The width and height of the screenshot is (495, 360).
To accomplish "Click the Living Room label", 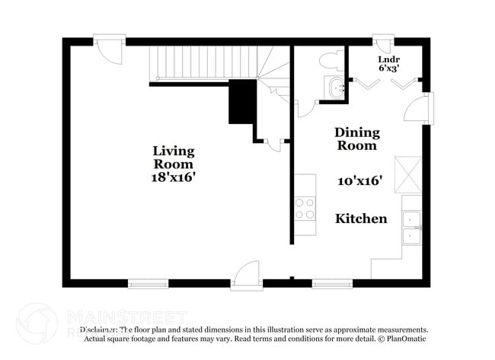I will click(174, 158).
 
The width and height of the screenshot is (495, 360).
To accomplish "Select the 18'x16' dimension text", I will click(174, 177).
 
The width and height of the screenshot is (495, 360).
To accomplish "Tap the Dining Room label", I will click(356, 139).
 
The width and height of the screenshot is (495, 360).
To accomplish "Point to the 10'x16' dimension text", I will click(359, 181).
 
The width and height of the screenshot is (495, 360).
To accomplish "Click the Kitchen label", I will click(361, 218).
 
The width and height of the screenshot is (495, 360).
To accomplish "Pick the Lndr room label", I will click(389, 59).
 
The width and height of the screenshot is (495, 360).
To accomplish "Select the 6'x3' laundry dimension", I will click(389, 68).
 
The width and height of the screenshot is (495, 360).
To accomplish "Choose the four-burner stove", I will click(305, 209).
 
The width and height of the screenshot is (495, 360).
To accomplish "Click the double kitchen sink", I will click(411, 228).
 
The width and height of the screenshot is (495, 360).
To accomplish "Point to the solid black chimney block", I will click(243, 101).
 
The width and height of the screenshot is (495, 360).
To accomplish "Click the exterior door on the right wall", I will click(422, 108).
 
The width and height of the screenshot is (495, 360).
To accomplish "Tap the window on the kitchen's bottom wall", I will click(327, 284).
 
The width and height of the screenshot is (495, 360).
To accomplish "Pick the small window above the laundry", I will click(383, 38).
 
